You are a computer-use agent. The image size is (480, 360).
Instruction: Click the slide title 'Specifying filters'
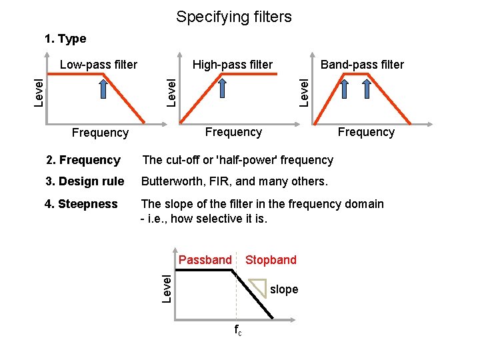click(233, 17)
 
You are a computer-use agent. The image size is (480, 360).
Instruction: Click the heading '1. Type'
click(65, 39)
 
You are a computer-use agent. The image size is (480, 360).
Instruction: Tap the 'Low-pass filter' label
click(99, 65)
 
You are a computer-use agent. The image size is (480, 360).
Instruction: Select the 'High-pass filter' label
click(233, 65)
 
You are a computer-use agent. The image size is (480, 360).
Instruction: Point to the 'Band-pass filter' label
click(362, 65)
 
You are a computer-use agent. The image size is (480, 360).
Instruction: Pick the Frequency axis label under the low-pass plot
click(100, 133)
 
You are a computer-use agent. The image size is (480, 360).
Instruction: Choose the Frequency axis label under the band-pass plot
click(366, 132)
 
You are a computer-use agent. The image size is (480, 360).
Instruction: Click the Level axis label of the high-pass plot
click(172, 91)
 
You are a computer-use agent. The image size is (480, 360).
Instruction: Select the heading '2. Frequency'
click(83, 160)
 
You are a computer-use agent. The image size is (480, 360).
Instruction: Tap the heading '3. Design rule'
click(85, 181)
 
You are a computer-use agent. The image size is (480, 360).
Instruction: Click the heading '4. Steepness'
click(81, 204)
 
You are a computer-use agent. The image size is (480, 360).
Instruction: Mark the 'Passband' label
click(205, 259)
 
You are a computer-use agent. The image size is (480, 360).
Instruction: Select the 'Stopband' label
click(271, 259)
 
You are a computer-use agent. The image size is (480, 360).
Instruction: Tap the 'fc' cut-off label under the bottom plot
click(237, 330)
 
